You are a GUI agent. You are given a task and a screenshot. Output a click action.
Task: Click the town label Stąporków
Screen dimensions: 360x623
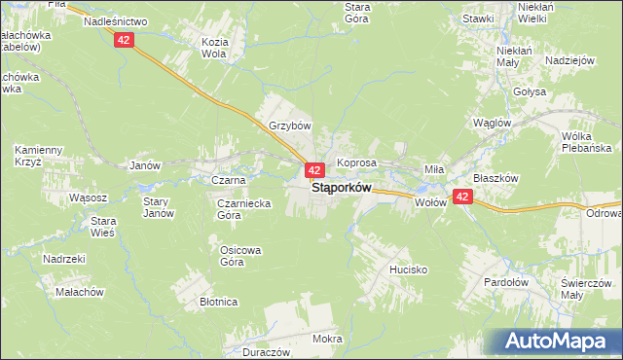[x=341, y=189]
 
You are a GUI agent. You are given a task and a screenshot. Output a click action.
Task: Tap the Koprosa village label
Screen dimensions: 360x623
[x=356, y=162]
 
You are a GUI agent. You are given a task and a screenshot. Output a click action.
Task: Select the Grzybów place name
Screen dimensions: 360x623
[x=289, y=126]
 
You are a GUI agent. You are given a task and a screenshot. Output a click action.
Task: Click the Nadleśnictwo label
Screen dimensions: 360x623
[x=115, y=20]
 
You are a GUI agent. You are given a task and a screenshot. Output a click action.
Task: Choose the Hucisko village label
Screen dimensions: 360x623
[x=408, y=269]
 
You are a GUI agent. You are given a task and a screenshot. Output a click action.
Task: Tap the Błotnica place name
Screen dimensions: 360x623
[x=219, y=302]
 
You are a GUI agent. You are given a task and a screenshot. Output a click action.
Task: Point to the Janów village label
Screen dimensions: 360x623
[x=144, y=165]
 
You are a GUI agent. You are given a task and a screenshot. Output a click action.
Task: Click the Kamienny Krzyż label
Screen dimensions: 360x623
[x=39, y=156]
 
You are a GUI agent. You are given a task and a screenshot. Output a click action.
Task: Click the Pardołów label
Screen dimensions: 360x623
[x=506, y=282]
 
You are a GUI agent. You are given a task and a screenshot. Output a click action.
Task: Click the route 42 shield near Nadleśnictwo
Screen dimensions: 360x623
[x=123, y=40]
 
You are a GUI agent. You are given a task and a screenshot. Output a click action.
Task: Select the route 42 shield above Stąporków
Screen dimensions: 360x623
[x=314, y=170]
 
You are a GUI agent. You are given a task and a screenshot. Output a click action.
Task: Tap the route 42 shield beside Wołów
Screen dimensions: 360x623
[x=462, y=197]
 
